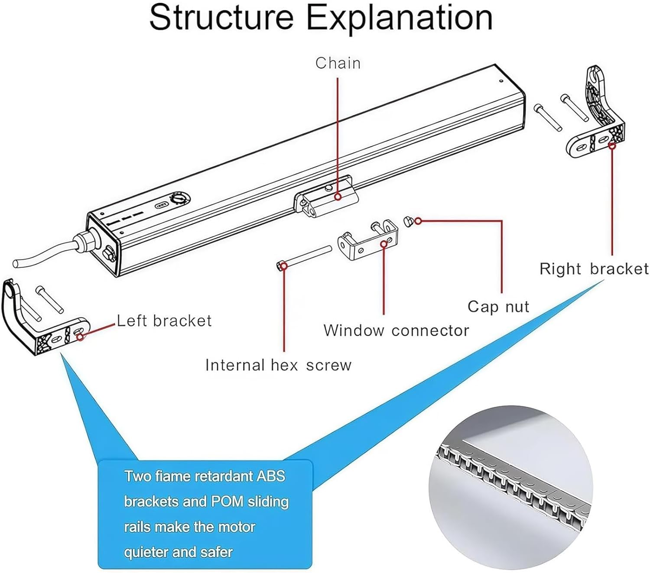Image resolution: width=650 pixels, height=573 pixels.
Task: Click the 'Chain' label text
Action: [x=338, y=63]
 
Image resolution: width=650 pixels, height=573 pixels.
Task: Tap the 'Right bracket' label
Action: [x=593, y=269]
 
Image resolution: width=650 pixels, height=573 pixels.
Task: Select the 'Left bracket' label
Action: [x=164, y=321]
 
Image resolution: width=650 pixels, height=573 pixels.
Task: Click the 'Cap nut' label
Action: [x=498, y=307]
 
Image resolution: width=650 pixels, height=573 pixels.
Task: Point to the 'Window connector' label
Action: [x=396, y=330]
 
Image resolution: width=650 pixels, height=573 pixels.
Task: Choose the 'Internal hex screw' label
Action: [x=278, y=365]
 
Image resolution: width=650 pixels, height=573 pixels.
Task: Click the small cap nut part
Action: [x=409, y=221]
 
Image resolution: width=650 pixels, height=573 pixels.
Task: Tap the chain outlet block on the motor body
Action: [x=327, y=196]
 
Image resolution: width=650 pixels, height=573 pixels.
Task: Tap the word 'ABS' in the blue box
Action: [x=271, y=476]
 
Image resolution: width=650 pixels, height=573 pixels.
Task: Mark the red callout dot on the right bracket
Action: [x=612, y=146]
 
